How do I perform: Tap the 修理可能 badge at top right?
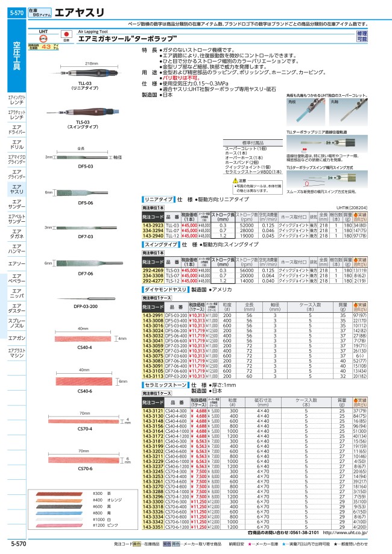tap(378, 35)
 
